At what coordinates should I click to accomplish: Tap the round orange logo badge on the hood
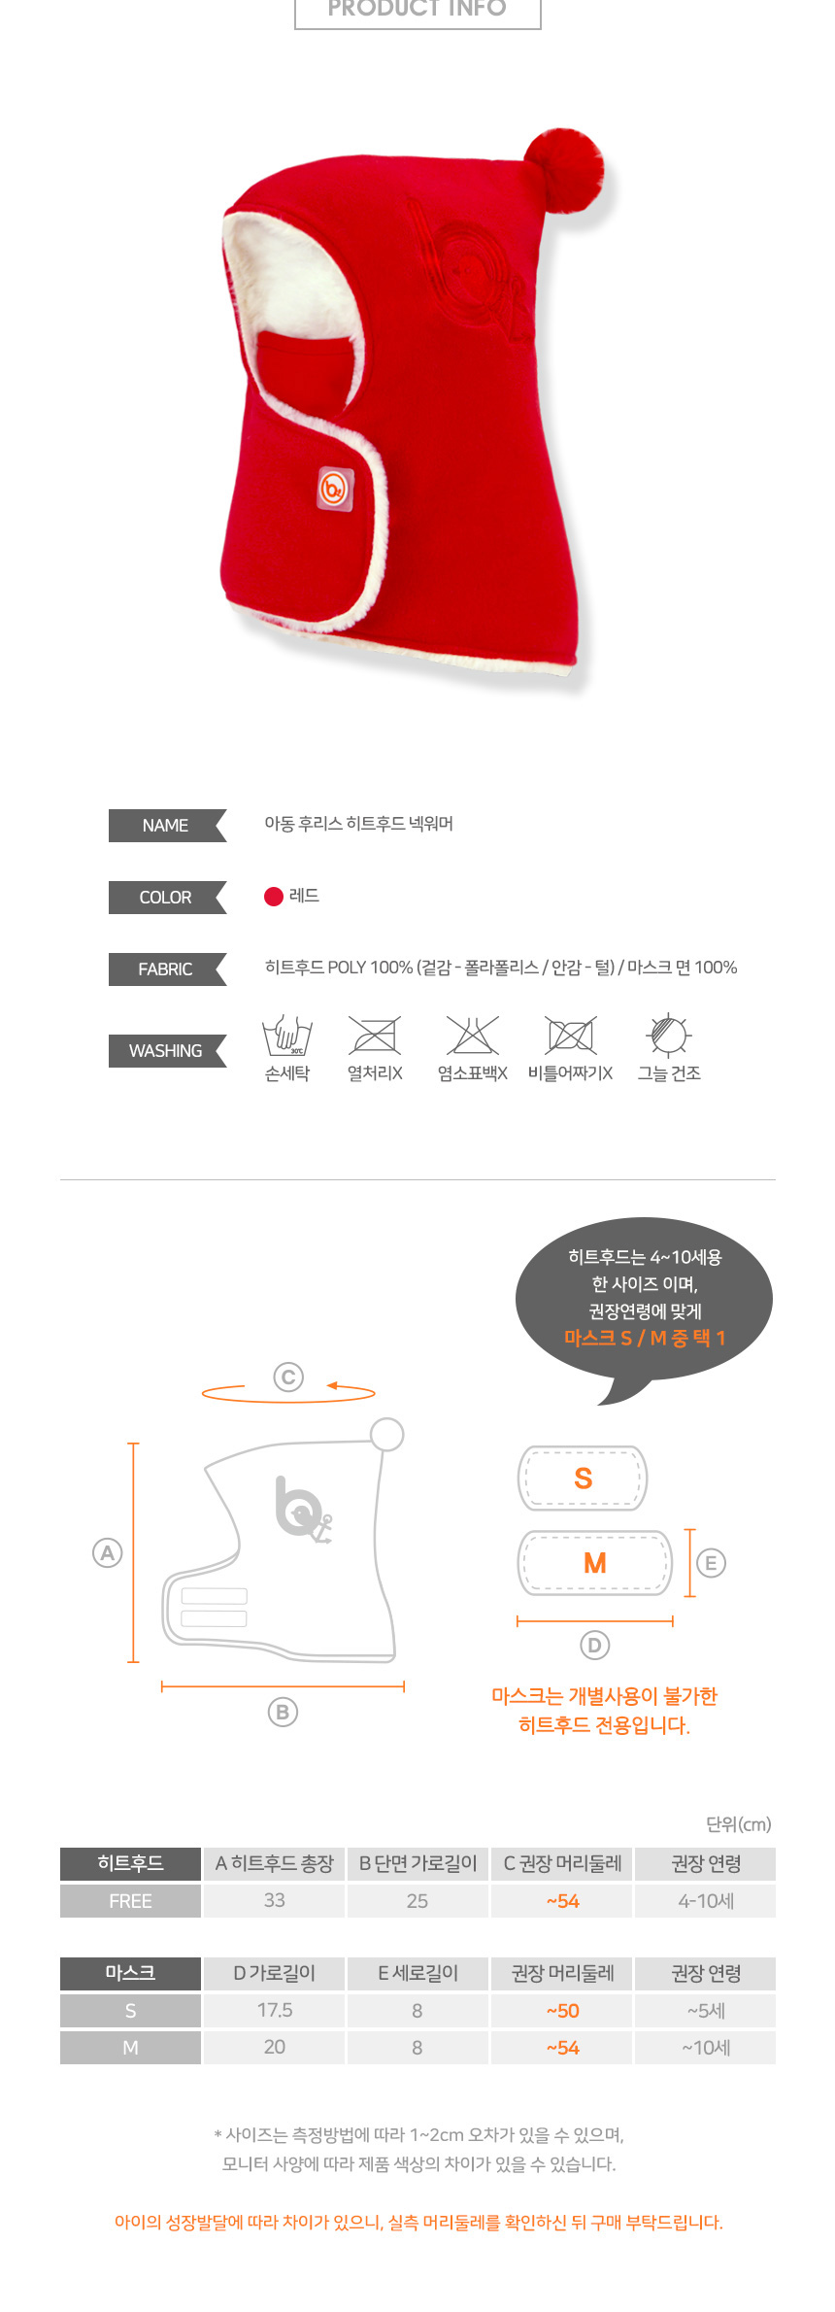point(334,488)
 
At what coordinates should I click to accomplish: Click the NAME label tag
point(167,826)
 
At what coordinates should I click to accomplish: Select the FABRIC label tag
point(167,969)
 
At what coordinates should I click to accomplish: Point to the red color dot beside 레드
point(274,897)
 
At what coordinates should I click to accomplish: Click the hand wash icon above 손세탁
point(287,1036)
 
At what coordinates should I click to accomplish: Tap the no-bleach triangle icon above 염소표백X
point(473,1036)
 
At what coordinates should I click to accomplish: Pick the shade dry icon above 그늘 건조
point(669,1035)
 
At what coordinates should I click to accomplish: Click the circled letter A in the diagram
point(107,1552)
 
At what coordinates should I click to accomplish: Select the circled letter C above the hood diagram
point(288,1377)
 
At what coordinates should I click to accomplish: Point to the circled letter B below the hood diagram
point(283,1712)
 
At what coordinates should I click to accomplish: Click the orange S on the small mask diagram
point(583,1479)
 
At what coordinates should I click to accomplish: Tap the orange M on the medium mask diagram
point(595,1563)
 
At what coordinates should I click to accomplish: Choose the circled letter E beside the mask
point(711,1563)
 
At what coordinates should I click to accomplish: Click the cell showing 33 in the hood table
point(275,1900)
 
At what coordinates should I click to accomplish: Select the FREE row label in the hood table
point(130,1901)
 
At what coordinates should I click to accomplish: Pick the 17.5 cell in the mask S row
point(275,2010)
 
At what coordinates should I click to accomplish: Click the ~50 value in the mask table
point(562,2011)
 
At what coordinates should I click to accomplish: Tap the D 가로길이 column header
point(275,1973)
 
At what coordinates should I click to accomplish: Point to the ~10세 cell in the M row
point(706,2047)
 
